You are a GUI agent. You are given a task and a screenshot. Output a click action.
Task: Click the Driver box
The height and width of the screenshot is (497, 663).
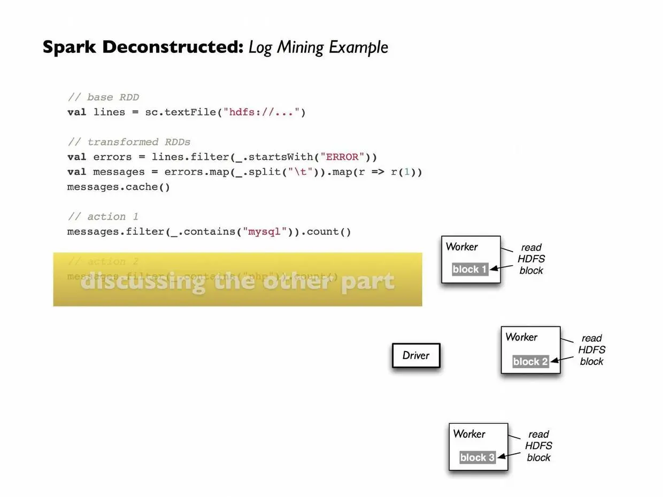click(416, 356)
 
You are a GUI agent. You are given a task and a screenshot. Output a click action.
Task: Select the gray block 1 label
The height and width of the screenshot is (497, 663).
click(470, 269)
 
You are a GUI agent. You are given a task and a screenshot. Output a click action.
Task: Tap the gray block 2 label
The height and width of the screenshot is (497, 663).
click(530, 362)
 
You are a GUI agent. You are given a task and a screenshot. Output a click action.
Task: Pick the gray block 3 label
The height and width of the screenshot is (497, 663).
click(477, 457)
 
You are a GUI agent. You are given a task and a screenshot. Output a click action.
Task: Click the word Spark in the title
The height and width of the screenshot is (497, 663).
click(69, 47)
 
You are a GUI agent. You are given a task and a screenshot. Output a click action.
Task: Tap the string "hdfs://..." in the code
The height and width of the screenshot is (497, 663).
click(261, 112)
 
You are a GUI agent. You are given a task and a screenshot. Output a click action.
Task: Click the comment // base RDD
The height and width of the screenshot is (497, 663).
click(103, 97)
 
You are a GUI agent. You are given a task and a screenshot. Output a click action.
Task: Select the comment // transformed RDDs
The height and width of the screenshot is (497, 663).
click(129, 142)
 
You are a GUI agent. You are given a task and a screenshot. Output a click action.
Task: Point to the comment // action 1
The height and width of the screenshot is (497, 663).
click(103, 216)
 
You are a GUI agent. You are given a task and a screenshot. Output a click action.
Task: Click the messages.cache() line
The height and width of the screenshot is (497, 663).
click(118, 187)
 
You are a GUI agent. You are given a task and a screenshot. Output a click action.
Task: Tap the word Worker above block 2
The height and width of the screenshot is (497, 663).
click(521, 337)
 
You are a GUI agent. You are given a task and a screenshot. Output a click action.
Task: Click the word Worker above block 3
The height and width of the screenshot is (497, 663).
click(469, 433)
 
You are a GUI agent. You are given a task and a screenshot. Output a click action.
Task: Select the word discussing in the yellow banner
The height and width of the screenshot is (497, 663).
click(143, 282)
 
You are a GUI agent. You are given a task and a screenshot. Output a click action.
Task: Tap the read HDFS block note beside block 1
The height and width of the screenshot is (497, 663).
click(531, 259)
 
